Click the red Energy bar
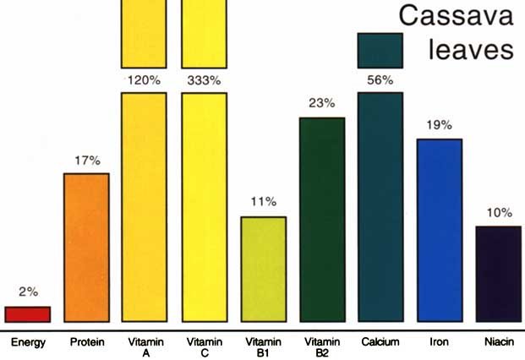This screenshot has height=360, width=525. (28, 314)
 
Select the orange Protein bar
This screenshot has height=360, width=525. (87, 247)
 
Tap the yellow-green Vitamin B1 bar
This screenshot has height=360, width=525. (264, 269)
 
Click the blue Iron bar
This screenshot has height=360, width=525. (440, 230)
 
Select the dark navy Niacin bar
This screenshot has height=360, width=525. (499, 273)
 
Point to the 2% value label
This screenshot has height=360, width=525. (28, 292)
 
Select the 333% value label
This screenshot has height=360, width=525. (204, 80)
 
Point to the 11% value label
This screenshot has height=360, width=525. (264, 202)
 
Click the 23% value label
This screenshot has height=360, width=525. (322, 103)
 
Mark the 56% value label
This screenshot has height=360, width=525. (380, 80)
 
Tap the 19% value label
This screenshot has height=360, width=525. (440, 125)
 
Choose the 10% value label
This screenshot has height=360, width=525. (499, 212)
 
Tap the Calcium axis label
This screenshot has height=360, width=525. (380, 342)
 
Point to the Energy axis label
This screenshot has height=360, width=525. (28, 342)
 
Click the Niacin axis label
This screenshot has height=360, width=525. (499, 342)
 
